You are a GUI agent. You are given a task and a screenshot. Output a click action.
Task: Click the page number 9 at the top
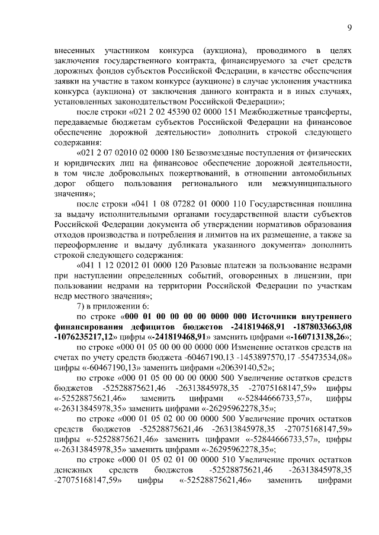click(x=349, y=27)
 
